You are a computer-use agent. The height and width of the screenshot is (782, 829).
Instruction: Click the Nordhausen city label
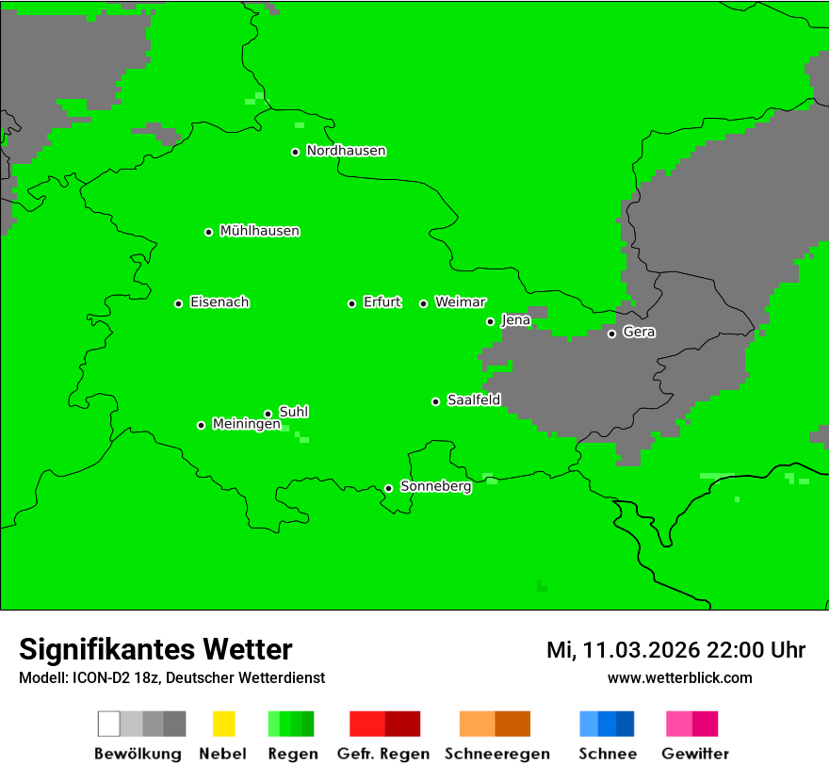(346, 151)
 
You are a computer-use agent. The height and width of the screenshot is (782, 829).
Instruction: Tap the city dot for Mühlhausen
(209, 232)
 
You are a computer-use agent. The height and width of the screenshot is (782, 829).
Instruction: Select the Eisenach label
(219, 302)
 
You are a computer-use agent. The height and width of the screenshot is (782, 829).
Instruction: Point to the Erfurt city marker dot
(352, 303)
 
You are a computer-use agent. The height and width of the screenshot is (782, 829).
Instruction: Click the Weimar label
(461, 302)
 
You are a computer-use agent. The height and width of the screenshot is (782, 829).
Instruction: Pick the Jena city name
(516, 320)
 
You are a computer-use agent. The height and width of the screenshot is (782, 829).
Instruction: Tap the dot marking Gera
(612, 334)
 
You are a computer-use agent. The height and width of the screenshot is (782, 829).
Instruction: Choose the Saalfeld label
(474, 400)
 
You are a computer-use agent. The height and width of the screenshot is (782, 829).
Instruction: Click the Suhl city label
(294, 412)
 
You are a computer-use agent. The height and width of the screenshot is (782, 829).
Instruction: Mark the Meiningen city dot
(202, 425)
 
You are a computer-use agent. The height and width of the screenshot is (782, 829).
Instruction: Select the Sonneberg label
(436, 486)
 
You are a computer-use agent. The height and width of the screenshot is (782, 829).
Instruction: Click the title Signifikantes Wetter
(155, 649)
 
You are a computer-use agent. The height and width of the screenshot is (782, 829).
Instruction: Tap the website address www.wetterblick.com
(679, 677)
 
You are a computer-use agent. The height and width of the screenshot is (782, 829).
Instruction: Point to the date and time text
(675, 650)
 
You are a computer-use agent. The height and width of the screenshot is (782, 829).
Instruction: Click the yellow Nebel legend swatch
(223, 724)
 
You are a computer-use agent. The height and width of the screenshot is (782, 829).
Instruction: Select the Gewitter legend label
(694, 754)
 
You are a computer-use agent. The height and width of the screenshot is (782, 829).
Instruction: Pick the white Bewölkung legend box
(109, 724)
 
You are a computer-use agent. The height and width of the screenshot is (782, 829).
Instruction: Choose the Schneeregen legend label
(496, 754)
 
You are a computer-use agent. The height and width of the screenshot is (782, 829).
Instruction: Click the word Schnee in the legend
(608, 754)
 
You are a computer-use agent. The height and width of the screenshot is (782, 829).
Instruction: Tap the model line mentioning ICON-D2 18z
(171, 677)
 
